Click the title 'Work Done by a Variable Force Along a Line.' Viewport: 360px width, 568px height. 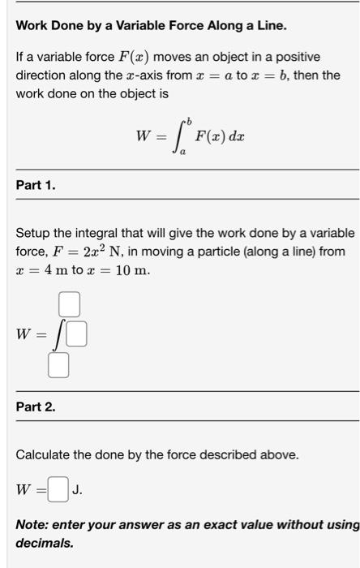pos(152,25)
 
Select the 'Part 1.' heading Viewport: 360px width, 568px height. pos(36,186)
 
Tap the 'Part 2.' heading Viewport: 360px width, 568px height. pos(36,407)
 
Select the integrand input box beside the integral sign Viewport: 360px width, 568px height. pos(76,334)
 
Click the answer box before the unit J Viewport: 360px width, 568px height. pos(58,489)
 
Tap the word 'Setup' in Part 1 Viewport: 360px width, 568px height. pos(34,234)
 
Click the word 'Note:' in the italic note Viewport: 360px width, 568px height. pos(33,524)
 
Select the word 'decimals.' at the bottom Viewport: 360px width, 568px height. pos(45,542)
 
